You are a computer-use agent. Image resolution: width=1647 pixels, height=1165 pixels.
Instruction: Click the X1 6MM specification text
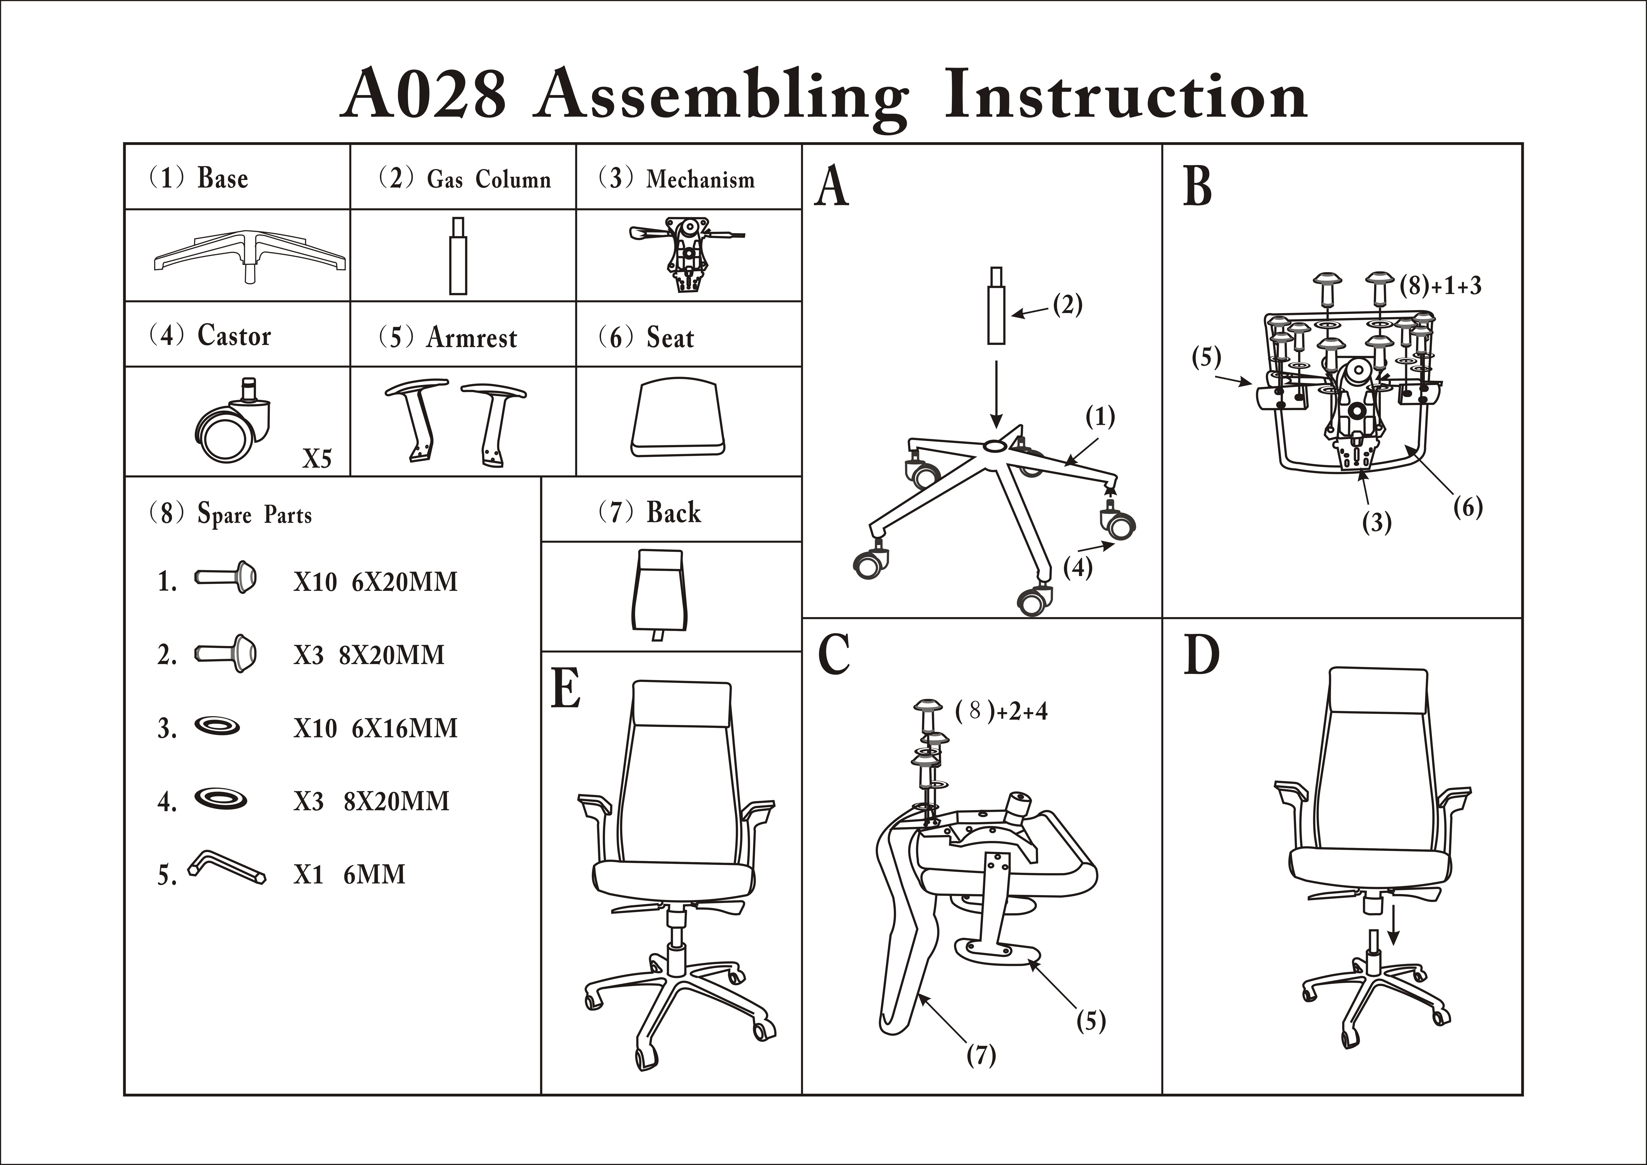pos(349,875)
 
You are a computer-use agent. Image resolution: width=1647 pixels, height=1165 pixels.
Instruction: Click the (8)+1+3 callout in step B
pos(1440,286)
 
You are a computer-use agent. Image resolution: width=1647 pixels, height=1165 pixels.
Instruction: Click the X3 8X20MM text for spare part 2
pos(369,655)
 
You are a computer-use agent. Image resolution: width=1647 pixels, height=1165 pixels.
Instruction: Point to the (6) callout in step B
pos(1468,508)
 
